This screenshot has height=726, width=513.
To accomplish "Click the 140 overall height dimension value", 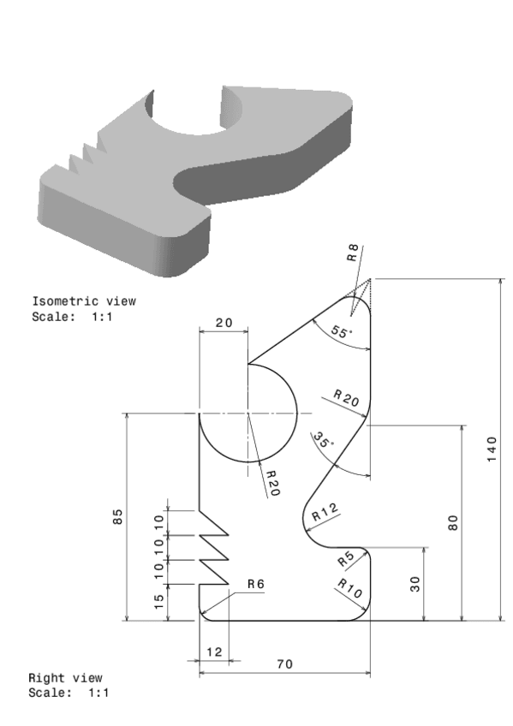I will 491,449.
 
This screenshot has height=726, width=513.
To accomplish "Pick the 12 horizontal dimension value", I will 214,652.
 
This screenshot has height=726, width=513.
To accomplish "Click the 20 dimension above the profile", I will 224,323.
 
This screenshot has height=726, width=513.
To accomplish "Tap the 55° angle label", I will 340,333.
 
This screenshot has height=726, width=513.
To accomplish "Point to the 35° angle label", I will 322,442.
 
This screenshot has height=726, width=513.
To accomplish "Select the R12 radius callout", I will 325,514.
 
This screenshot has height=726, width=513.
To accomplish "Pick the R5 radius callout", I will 345,559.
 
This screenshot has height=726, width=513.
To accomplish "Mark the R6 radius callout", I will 255,584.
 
